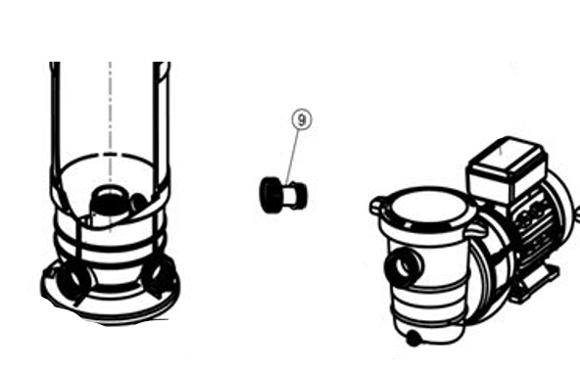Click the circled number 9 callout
coord(302,119)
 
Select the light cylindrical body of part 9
coord(294,195)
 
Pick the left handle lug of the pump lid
coord(377,205)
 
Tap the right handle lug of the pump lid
coord(477,231)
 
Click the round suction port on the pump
coord(404,265)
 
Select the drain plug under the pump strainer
coord(413,338)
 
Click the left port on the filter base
coord(72,279)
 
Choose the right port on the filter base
coord(159,278)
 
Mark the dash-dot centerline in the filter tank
coord(111,146)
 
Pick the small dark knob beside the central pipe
coord(139,203)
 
